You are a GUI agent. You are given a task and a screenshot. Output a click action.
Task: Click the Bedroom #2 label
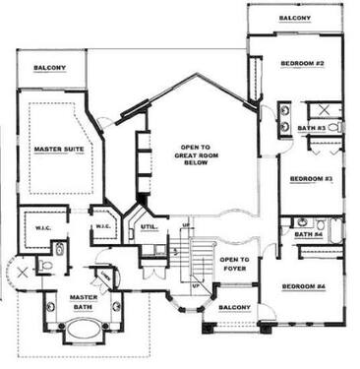[x=303, y=64]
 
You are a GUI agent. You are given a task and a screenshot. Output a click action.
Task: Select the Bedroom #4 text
[x=304, y=286]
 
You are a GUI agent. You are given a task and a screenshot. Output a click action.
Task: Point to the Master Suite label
[x=58, y=149]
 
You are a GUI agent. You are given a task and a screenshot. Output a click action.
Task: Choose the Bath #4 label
[x=309, y=234]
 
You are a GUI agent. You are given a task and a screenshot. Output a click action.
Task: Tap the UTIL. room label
[x=150, y=227]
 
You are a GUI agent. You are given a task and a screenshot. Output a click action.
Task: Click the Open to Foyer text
[x=235, y=263]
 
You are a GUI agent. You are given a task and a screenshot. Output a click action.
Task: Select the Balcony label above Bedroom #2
[x=295, y=19]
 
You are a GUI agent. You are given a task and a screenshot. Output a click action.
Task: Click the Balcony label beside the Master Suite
[x=49, y=68]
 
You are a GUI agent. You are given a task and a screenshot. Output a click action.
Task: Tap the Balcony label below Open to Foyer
[x=233, y=307]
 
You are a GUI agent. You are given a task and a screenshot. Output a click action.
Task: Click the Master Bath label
[x=81, y=299]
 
